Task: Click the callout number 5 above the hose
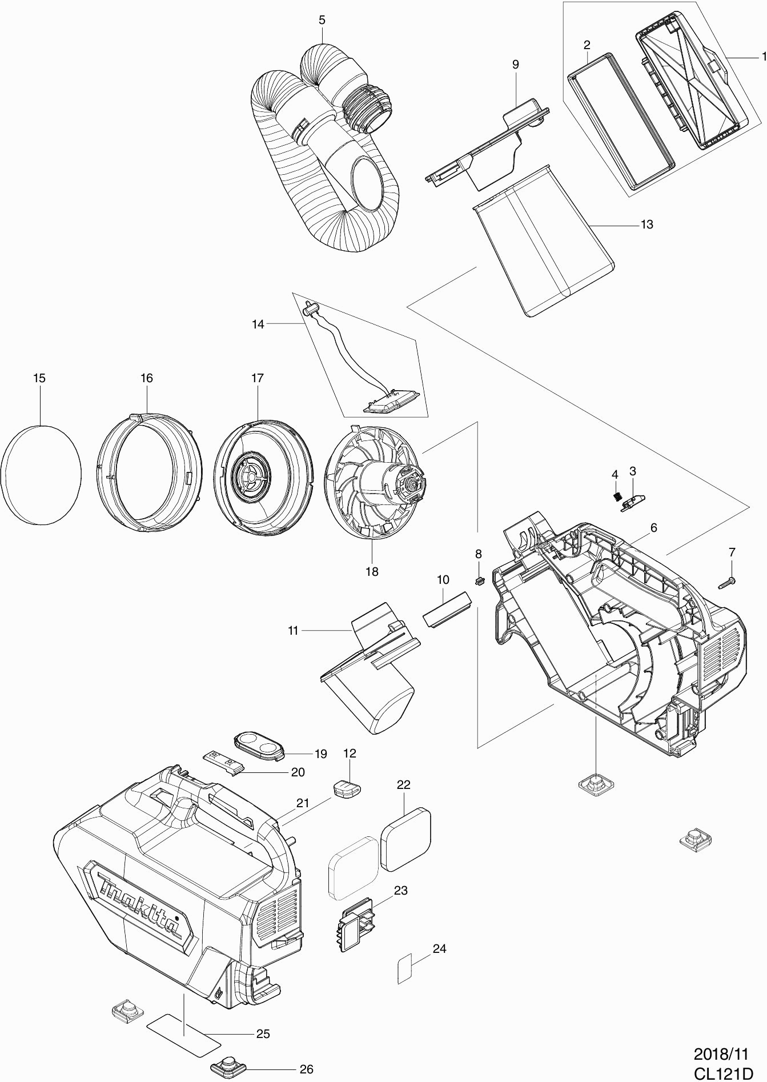pyautogui.click(x=322, y=20)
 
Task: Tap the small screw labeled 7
pyautogui.click(x=726, y=582)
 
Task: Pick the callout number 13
pyautogui.click(x=646, y=225)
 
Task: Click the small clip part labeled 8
pyautogui.click(x=479, y=581)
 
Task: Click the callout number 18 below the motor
pyautogui.click(x=372, y=571)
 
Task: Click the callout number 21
pyautogui.click(x=302, y=803)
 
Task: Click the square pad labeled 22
pyautogui.click(x=405, y=847)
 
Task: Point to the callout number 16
pyautogui.click(x=147, y=378)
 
